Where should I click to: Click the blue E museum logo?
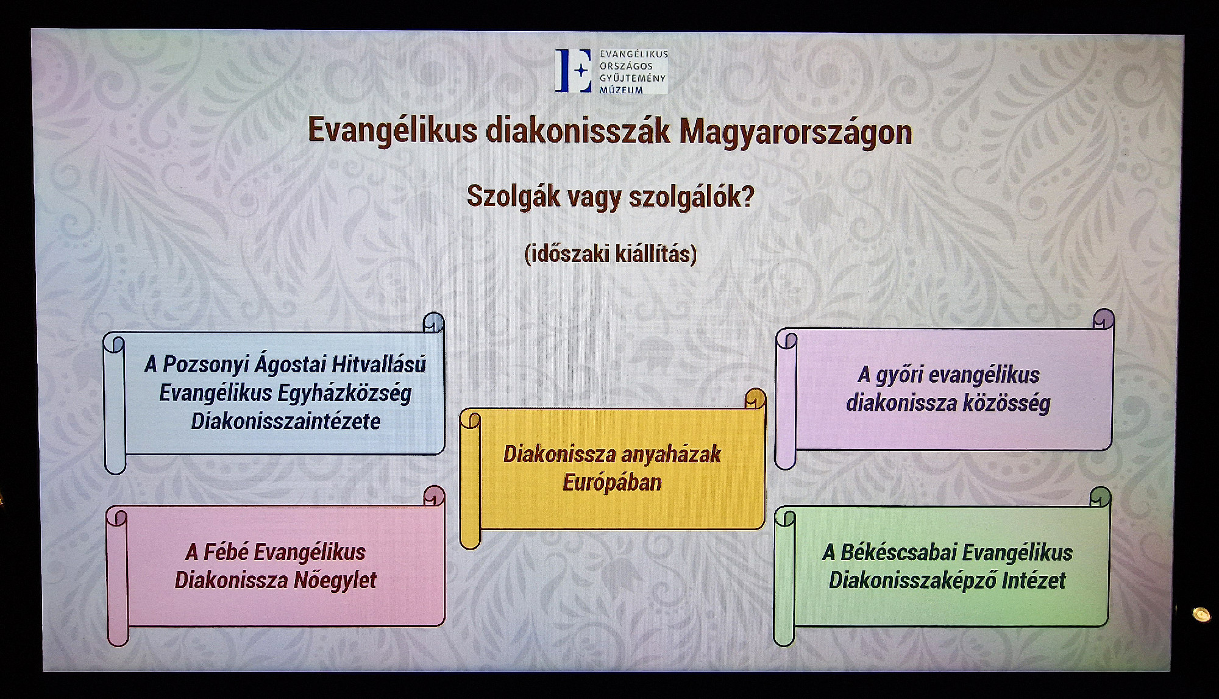573,71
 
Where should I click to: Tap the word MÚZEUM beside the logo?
621,90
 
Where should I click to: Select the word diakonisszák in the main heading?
578,130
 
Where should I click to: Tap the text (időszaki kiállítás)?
610,254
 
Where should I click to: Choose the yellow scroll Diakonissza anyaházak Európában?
613,469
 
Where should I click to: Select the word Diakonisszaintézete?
286,421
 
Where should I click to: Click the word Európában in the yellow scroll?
612,483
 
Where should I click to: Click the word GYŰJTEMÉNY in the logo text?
633,78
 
